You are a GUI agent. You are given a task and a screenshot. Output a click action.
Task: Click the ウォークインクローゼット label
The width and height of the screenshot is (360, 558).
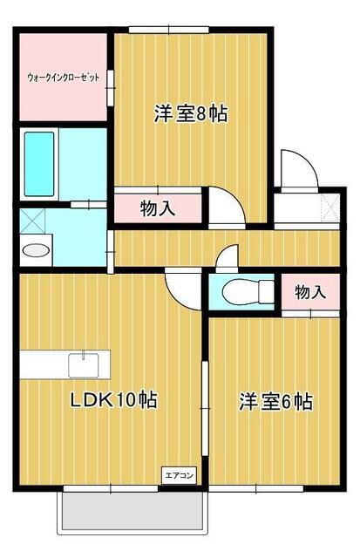coord(63,78)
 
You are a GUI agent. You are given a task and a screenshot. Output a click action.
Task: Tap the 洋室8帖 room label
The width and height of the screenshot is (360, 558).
coord(190,113)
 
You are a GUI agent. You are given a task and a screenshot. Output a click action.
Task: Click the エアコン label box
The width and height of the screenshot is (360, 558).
coord(180,475)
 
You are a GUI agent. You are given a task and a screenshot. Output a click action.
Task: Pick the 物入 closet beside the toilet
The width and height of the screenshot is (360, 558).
coord(309,292)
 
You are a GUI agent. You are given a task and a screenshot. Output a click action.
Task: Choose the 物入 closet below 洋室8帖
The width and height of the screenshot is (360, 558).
coord(158,208)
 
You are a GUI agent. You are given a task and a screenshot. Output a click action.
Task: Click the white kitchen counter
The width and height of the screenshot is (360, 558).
coord(52,364)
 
